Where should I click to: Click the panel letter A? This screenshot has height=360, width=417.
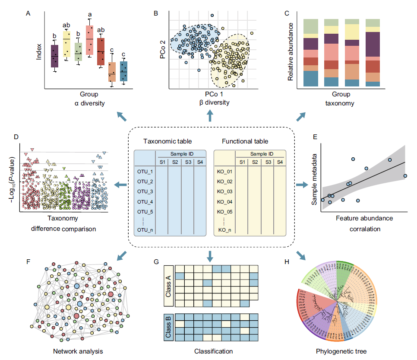point(28,13)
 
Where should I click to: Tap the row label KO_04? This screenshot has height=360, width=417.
point(224,202)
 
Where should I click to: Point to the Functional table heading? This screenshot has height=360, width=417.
point(245,141)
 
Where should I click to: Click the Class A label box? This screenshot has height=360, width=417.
point(169,286)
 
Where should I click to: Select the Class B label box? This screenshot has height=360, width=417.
point(169,328)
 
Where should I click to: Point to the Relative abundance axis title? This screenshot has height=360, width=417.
point(291,51)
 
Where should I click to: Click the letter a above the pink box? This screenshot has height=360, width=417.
point(90,14)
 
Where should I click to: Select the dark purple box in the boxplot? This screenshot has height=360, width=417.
point(54,56)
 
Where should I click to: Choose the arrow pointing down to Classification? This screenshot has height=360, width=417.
point(210,256)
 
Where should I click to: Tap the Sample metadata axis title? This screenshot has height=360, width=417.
point(315,179)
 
